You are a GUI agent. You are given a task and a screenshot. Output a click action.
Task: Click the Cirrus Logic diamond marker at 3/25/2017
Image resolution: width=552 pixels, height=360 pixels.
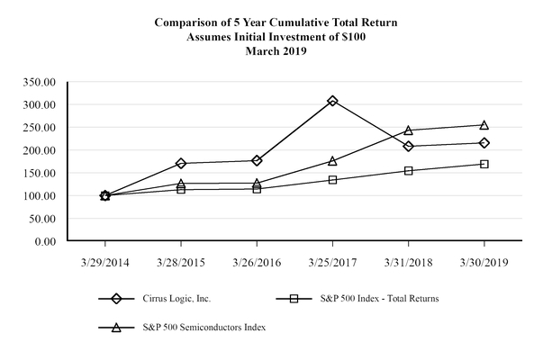pyautogui.click(x=332, y=101)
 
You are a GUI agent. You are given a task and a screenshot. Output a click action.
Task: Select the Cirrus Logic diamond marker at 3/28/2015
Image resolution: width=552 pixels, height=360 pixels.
pyautogui.click(x=181, y=163)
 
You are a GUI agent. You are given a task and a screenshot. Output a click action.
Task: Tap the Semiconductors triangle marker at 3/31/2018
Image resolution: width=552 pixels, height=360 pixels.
pyautogui.click(x=408, y=130)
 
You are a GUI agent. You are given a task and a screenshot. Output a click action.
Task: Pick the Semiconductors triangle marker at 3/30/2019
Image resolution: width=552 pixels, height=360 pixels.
pyautogui.click(x=484, y=125)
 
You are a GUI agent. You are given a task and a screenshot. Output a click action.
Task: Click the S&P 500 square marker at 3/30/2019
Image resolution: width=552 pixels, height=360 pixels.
pyautogui.click(x=484, y=164)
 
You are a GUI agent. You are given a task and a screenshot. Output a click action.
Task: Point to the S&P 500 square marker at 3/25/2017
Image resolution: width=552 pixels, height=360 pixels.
pyautogui.click(x=332, y=180)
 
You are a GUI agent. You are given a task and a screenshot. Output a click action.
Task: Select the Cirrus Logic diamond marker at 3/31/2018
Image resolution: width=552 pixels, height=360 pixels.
pyautogui.click(x=408, y=146)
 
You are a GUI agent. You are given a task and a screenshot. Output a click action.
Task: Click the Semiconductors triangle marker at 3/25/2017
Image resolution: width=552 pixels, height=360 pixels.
pyautogui.click(x=332, y=161)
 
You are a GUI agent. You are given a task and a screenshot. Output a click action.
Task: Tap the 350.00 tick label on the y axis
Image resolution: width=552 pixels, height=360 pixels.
pyautogui.click(x=41, y=82)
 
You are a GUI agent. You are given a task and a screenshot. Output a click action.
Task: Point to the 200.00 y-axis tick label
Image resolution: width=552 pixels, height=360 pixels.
pyautogui.click(x=41, y=150)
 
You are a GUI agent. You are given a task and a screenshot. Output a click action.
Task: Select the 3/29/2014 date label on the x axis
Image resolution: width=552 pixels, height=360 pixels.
pyautogui.click(x=105, y=263)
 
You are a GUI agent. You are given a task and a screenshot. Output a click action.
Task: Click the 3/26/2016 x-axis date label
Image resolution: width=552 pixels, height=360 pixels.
pyautogui.click(x=257, y=263)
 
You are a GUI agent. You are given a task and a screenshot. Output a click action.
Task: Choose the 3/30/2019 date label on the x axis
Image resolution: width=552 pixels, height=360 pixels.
pyautogui.click(x=484, y=263)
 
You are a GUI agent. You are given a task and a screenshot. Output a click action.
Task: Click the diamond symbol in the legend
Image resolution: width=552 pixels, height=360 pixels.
pyautogui.click(x=115, y=299)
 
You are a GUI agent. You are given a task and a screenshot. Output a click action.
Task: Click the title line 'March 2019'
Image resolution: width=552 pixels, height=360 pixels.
pyautogui.click(x=276, y=50)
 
